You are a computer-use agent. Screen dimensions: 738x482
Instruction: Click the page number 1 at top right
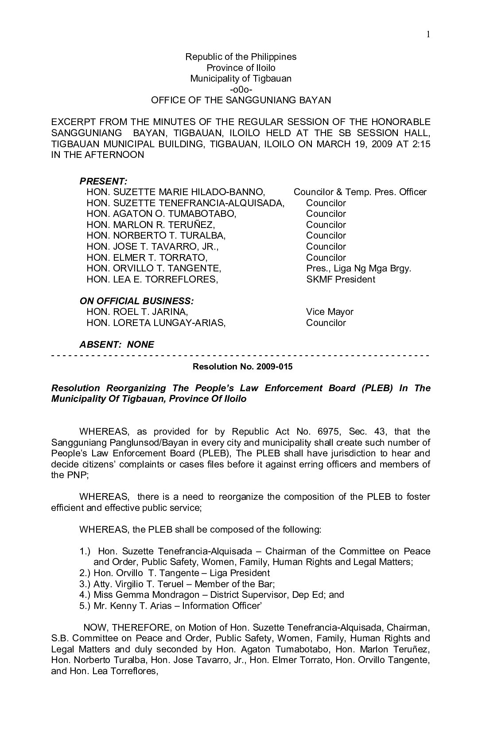point(428,35)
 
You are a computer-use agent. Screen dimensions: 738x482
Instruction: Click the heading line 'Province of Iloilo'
point(241,68)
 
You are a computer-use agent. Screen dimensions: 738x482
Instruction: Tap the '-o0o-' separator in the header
point(241,90)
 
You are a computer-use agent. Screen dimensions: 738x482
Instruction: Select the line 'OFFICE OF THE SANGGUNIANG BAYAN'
point(241,100)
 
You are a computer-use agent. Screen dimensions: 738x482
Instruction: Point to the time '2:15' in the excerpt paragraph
point(420,144)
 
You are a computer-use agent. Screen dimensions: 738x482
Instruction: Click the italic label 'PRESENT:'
point(104,181)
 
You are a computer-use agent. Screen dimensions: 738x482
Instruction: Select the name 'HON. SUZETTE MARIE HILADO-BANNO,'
point(176,192)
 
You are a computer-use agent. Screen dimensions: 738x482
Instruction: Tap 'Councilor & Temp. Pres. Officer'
point(360,192)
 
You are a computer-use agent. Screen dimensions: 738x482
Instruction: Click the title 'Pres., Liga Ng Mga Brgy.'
point(358,268)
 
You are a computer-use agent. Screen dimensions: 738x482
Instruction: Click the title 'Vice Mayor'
point(330,312)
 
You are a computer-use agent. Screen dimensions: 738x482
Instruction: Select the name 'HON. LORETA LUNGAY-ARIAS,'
point(156,323)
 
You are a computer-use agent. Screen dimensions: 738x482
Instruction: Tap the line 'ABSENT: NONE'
point(117,345)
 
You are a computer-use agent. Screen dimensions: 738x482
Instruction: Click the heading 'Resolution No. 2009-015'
point(242,367)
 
